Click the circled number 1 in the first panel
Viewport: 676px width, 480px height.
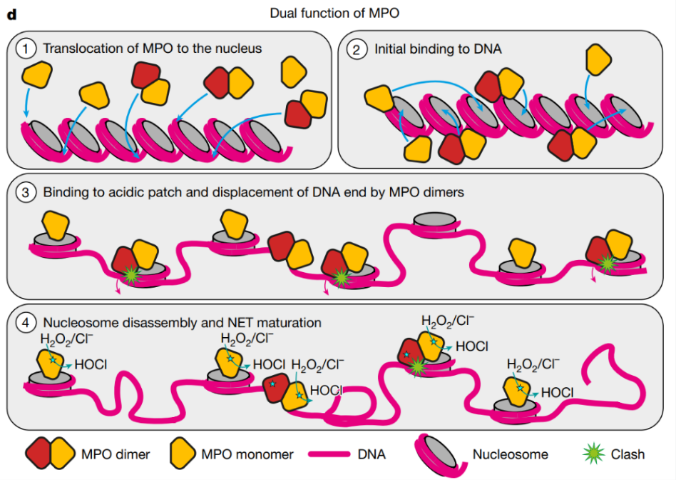[x=26, y=49]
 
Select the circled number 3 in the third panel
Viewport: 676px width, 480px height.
[x=26, y=192]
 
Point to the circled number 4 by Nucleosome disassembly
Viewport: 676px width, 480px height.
[x=26, y=323]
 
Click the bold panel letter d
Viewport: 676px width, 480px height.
[x=10, y=13]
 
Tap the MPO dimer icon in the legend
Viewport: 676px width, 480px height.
[x=49, y=454]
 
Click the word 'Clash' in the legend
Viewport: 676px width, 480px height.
[x=628, y=454]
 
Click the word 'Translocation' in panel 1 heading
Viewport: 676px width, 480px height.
[x=78, y=49]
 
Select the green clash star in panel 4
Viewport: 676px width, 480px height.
[x=416, y=367]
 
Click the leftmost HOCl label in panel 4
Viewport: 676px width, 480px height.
[x=91, y=364]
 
